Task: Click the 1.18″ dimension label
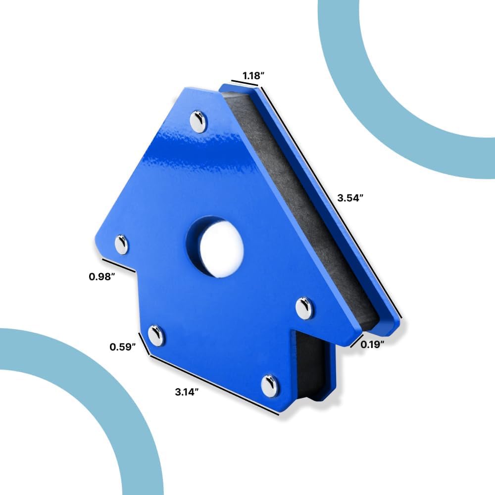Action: (253, 76)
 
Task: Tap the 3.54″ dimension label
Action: (350, 198)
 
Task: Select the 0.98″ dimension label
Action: (101, 277)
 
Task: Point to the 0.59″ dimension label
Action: (123, 347)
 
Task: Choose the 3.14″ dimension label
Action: (187, 392)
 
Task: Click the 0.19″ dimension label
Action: (373, 345)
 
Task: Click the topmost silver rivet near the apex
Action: (198, 122)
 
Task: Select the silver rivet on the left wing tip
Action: (122, 245)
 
